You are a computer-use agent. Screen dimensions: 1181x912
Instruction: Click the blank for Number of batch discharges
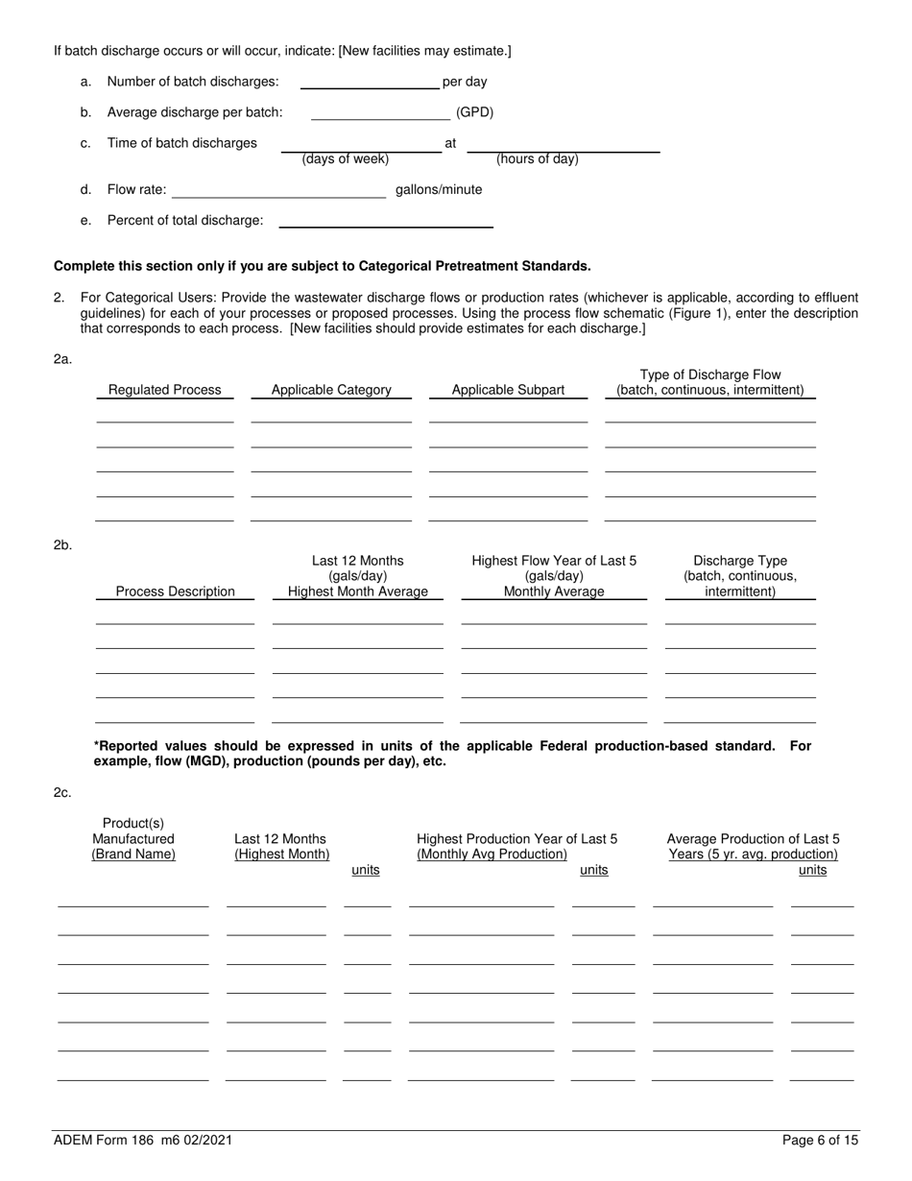click(370, 84)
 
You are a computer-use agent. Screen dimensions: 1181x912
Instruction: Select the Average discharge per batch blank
click(380, 115)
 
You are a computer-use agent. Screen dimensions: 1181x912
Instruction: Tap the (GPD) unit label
click(474, 112)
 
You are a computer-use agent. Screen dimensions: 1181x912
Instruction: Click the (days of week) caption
click(345, 159)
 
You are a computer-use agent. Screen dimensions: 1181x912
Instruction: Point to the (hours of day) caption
click(537, 159)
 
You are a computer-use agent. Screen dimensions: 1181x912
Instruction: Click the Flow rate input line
click(278, 193)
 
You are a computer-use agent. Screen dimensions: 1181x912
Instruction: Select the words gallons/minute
click(439, 190)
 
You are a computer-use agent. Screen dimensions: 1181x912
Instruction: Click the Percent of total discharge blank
click(385, 223)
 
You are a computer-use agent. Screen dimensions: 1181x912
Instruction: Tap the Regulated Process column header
click(164, 390)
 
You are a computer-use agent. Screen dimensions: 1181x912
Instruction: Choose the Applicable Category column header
click(331, 390)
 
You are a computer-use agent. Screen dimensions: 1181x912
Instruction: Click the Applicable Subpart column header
click(508, 390)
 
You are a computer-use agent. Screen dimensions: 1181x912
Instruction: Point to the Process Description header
click(175, 591)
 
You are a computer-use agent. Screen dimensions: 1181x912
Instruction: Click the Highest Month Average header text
click(358, 591)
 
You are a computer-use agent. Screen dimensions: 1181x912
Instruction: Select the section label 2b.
click(62, 545)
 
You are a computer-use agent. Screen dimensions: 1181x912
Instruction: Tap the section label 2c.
click(62, 793)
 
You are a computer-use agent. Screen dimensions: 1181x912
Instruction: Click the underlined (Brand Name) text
click(133, 855)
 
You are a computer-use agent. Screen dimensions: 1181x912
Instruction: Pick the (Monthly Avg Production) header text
click(492, 855)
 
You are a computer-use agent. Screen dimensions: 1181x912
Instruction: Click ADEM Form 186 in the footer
click(142, 1141)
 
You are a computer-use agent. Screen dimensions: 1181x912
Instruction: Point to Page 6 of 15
click(821, 1141)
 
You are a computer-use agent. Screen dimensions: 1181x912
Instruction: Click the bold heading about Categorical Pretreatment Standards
click(323, 266)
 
